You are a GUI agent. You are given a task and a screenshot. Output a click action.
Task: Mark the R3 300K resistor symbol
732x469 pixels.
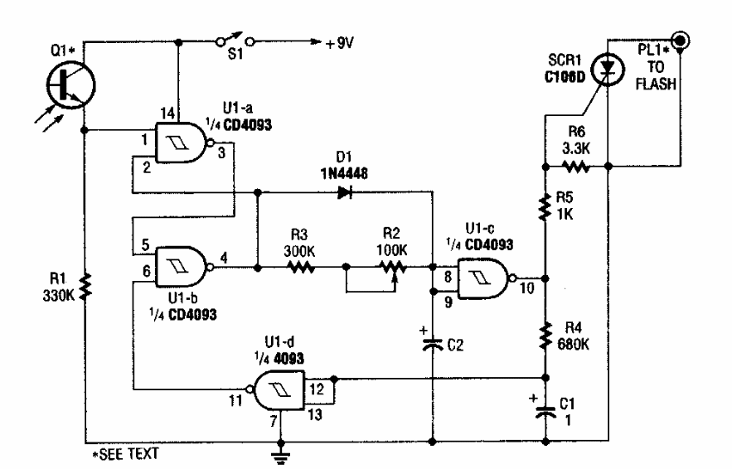(x=299, y=267)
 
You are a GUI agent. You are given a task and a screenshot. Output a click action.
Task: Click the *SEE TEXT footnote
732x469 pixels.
(x=125, y=454)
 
